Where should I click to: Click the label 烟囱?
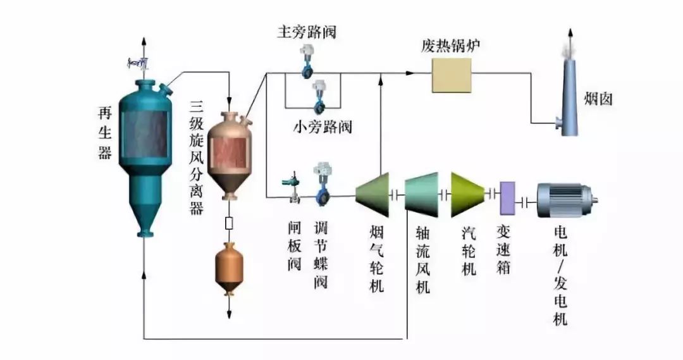point(598,99)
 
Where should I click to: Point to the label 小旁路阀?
point(322,127)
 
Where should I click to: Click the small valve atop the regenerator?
point(139,63)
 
